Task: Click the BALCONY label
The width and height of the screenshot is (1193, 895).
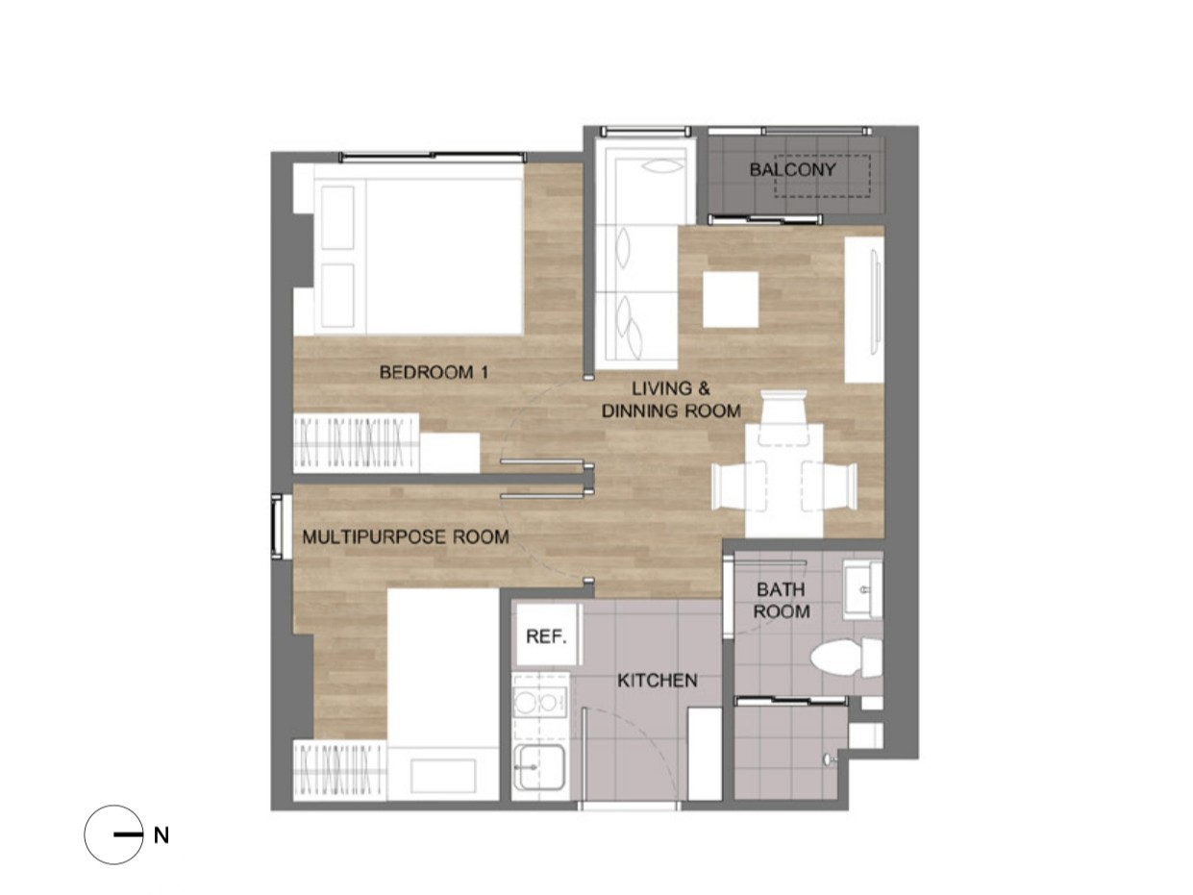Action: tap(792, 169)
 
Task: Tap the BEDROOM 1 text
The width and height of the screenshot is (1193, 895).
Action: tap(434, 372)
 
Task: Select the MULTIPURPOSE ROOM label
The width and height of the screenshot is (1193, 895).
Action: tap(406, 536)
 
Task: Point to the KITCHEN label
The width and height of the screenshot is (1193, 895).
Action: tap(658, 681)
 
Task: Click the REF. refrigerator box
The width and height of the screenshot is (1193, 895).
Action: tap(546, 635)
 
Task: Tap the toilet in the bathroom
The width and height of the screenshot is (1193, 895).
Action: tap(846, 658)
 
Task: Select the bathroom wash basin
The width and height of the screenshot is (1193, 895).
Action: tap(862, 589)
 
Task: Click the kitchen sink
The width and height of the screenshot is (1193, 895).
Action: tap(539, 767)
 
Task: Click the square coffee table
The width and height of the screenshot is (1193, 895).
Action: tap(731, 299)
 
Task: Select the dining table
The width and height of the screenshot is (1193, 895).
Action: tap(783, 481)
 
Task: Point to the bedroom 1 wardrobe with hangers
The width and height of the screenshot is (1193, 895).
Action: tap(357, 443)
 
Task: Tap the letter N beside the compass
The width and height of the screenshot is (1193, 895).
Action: tap(161, 835)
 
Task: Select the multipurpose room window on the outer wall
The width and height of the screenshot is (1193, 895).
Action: tap(278, 526)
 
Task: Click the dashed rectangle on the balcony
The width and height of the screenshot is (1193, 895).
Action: tap(822, 176)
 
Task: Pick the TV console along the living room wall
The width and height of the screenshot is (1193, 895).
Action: tap(863, 310)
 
